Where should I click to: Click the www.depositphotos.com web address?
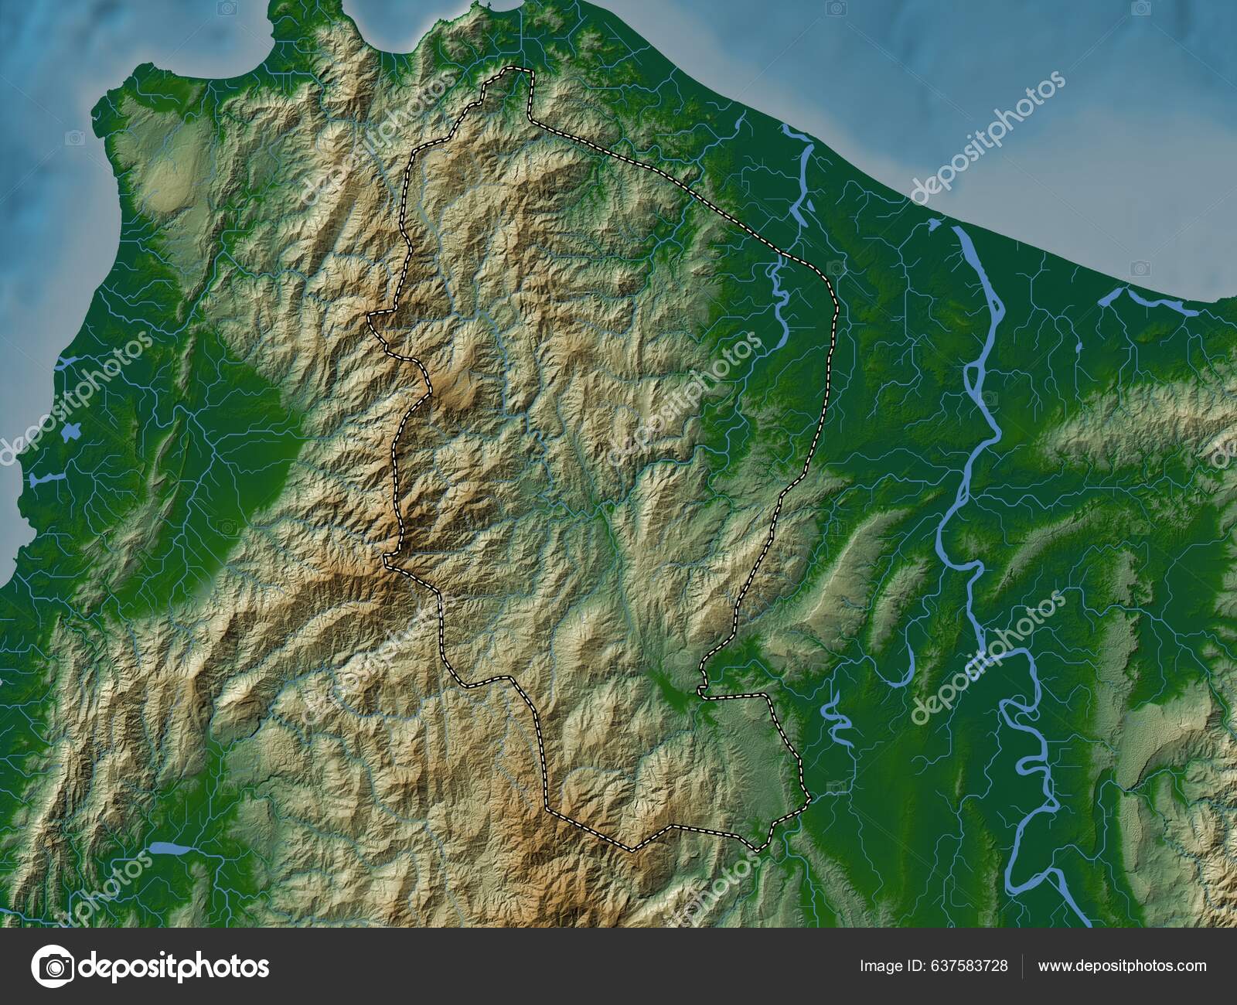coord(1122,966)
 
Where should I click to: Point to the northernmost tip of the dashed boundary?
coord(518,70)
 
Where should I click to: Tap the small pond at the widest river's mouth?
coord(933,225)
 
